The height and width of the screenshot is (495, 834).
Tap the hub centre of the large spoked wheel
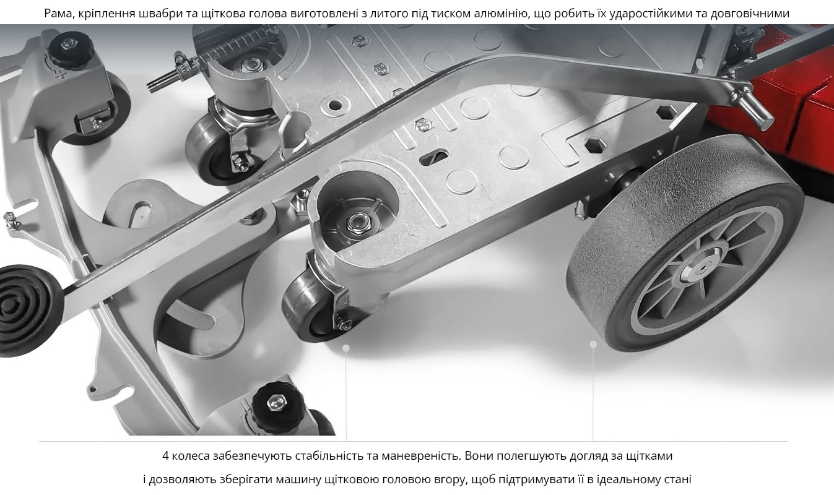(x=703, y=267)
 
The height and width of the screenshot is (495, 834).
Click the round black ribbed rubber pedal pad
(x=26, y=310)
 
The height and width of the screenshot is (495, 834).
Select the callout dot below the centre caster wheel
(x=346, y=348)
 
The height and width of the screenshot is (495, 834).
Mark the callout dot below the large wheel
(x=593, y=345)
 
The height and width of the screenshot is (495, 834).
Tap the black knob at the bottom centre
(x=277, y=405)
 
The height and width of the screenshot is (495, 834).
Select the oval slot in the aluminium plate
(x=433, y=157)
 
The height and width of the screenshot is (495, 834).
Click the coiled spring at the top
(x=238, y=46)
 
